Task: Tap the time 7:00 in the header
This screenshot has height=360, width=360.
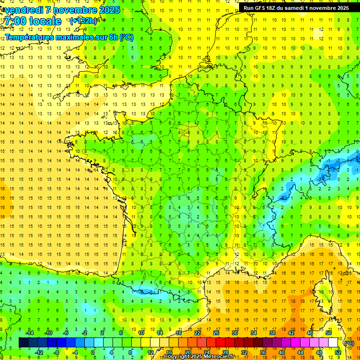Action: click(x=17, y=21)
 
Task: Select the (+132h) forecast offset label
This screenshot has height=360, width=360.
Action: click(x=83, y=21)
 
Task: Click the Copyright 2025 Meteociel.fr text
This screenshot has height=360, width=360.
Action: click(x=199, y=357)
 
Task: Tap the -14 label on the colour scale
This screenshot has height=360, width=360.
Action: click(x=29, y=333)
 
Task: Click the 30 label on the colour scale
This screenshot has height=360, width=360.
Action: click(x=235, y=333)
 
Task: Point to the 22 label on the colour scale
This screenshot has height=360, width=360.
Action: click(x=197, y=333)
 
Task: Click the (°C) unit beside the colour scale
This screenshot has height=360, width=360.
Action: click(x=349, y=343)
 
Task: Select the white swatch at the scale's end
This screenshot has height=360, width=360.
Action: click(x=333, y=342)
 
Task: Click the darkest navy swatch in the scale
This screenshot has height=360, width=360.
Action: click(x=23, y=342)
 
